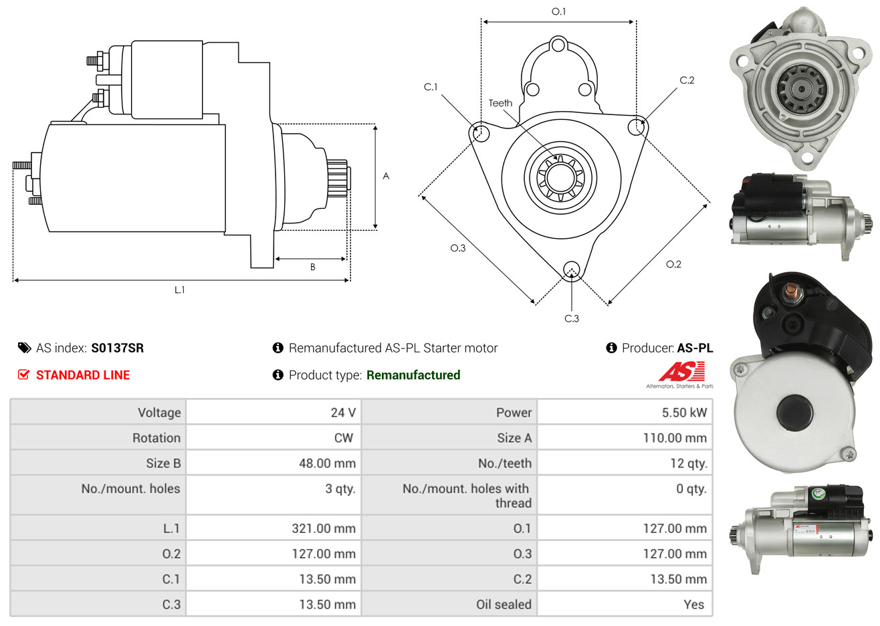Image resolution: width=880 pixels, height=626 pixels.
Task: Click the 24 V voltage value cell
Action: (343, 412)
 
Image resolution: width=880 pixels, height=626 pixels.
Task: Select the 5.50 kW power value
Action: (684, 412)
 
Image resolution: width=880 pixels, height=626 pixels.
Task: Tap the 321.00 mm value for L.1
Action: (324, 528)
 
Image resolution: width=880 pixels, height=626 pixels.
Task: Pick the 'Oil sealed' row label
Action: (504, 604)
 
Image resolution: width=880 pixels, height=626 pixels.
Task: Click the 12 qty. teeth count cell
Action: (688, 463)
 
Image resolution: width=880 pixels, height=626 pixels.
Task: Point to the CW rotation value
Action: (343, 438)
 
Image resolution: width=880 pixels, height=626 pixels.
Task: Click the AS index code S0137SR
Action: (118, 348)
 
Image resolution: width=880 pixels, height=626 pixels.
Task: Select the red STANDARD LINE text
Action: (83, 375)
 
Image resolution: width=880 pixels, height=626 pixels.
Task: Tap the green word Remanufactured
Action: (413, 375)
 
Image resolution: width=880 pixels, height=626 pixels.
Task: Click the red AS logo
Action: (681, 371)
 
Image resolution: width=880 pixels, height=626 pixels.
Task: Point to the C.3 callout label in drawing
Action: (572, 318)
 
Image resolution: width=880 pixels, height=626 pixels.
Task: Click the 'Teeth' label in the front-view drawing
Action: (500, 103)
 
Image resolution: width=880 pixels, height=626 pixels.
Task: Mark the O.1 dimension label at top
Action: (558, 11)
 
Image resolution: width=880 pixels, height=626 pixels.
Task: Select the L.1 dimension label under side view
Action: (179, 290)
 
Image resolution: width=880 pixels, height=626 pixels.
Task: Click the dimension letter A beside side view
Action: (386, 176)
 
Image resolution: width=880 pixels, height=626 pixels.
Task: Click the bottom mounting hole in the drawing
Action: (572, 270)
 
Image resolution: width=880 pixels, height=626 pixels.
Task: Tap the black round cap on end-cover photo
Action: (795, 413)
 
